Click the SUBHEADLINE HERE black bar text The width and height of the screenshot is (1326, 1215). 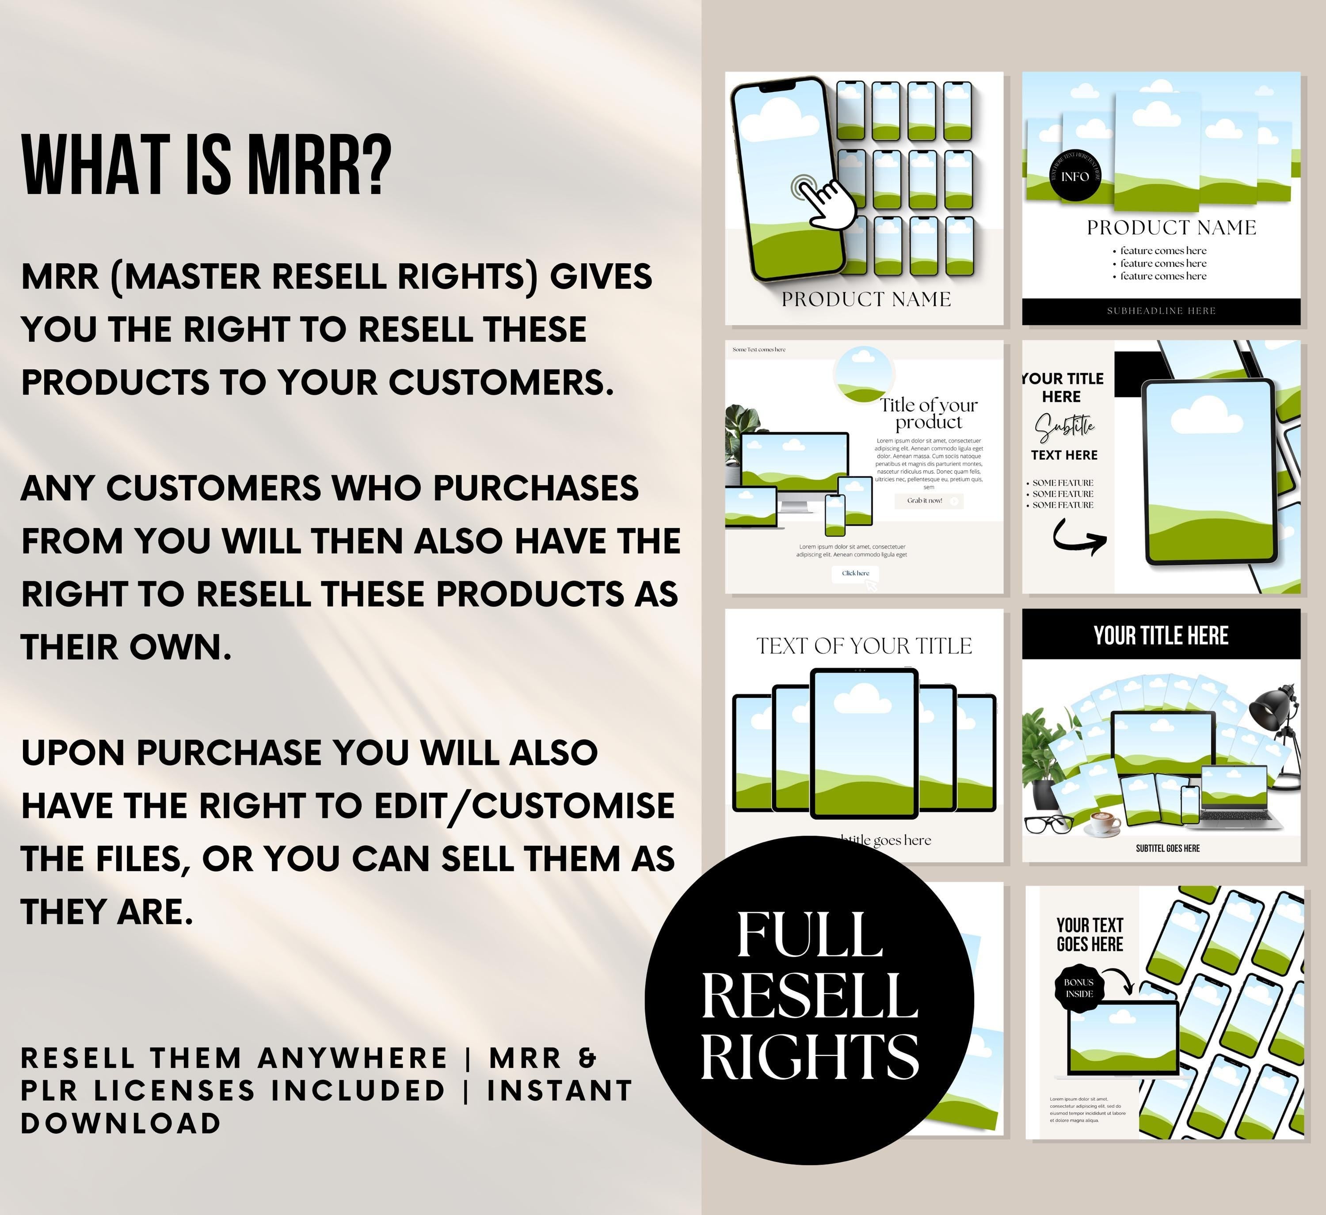(1161, 311)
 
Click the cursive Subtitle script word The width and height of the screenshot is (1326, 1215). (1065, 427)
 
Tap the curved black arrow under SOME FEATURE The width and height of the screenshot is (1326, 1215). (1079, 537)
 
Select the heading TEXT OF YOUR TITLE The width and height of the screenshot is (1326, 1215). (864, 646)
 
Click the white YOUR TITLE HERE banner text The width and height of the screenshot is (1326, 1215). (1161, 636)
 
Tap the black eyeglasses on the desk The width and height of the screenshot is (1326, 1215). (1048, 823)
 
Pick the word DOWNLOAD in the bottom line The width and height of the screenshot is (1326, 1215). (121, 1123)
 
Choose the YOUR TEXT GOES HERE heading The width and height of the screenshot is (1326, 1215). (1090, 934)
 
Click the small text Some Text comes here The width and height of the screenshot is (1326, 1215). (759, 349)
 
